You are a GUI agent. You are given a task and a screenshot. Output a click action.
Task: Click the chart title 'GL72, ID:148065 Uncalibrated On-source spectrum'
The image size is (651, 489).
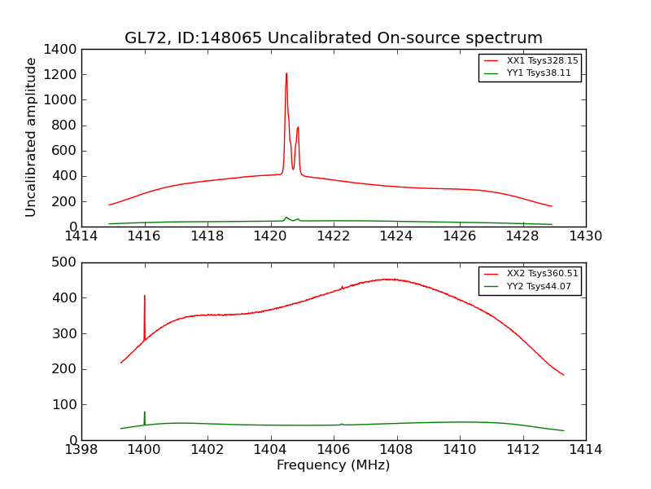click(333, 38)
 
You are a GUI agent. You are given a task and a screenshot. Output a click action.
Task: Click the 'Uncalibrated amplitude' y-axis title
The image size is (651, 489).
click(32, 137)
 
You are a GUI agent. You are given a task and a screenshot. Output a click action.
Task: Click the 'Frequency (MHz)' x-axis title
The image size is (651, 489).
click(333, 465)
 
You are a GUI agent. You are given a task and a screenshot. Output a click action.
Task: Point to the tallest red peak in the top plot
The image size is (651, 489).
click(286, 74)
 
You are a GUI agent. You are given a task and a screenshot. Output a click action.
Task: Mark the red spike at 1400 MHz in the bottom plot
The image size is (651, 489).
click(145, 297)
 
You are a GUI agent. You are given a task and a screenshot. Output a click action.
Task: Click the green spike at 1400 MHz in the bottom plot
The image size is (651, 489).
click(145, 413)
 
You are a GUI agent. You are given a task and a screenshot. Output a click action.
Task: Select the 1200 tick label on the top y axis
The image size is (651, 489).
click(63, 75)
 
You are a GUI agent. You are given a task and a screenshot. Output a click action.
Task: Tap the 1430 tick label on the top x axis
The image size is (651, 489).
click(585, 236)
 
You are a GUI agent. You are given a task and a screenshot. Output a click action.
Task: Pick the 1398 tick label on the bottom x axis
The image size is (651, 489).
click(81, 450)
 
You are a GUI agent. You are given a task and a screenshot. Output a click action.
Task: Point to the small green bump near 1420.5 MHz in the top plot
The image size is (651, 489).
click(286, 218)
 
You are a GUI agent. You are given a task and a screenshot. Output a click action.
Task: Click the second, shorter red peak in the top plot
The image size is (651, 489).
click(298, 128)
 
